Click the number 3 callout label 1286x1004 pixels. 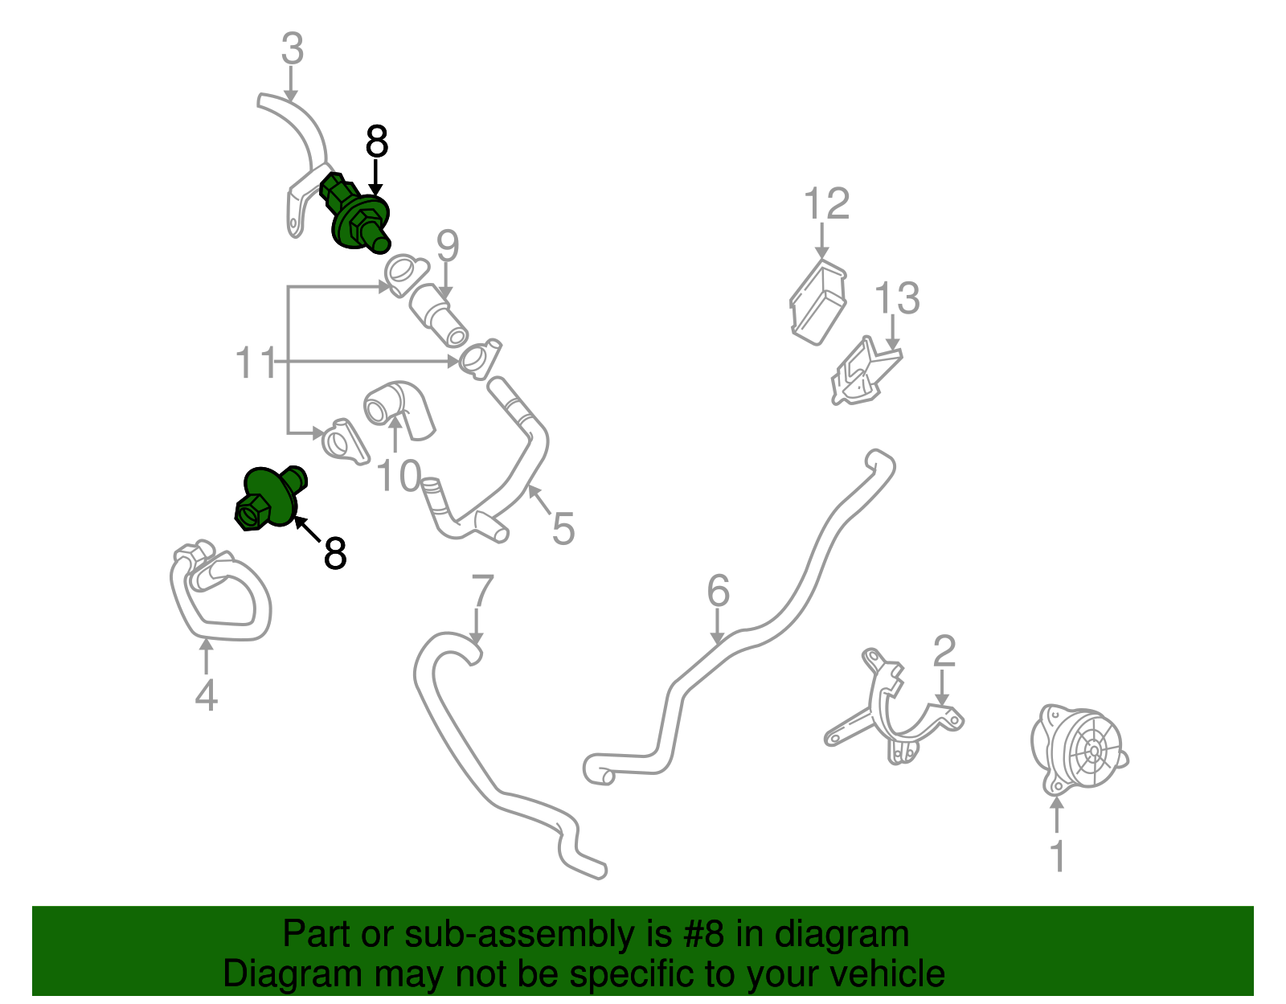pos(293,48)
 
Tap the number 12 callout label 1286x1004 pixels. pos(827,203)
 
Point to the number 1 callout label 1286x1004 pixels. pos(1057,856)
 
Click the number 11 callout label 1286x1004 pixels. pos(256,362)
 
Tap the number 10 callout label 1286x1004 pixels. pos(399,475)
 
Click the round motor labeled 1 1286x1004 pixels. pos(1079,748)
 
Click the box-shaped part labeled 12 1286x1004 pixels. pos(818,301)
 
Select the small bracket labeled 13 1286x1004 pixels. pos(866,371)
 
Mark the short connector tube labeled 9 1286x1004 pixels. pos(438,315)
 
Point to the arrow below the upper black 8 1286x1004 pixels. pos(375,178)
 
